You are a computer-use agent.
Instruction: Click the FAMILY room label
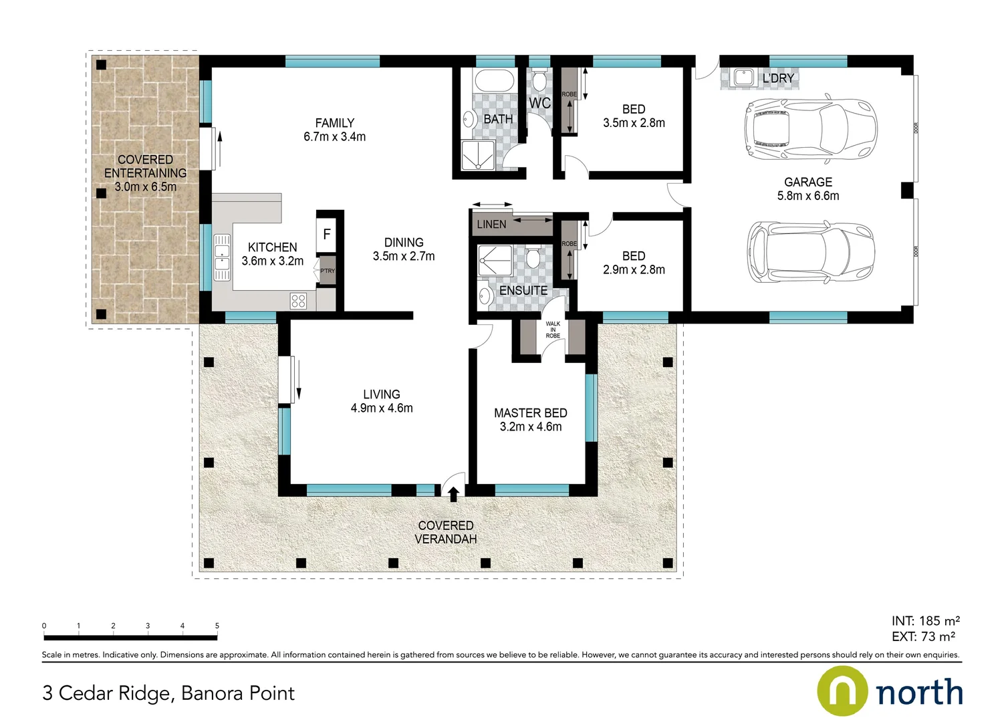(334, 123)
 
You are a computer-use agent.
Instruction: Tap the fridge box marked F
(326, 234)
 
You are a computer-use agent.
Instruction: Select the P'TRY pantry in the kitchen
(327, 270)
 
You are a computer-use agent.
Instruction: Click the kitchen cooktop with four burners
(298, 301)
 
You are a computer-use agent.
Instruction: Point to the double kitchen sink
(221, 257)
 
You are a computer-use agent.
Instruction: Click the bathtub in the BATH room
(494, 82)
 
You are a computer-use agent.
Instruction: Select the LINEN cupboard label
(491, 225)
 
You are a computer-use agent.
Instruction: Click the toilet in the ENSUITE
(533, 257)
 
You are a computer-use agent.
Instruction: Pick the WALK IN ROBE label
(553, 330)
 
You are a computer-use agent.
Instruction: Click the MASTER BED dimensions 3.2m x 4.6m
(531, 427)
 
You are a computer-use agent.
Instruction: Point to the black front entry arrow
(453, 494)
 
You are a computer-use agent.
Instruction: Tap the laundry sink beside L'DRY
(743, 78)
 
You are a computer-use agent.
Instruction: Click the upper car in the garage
(810, 130)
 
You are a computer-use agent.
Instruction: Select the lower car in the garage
(810, 253)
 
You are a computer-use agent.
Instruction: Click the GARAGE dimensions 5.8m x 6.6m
(807, 196)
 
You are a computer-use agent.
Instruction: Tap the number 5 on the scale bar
(217, 626)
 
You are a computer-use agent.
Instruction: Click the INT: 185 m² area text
(925, 621)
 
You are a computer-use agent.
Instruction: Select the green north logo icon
(842, 691)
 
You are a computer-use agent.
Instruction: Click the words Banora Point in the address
(238, 693)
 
